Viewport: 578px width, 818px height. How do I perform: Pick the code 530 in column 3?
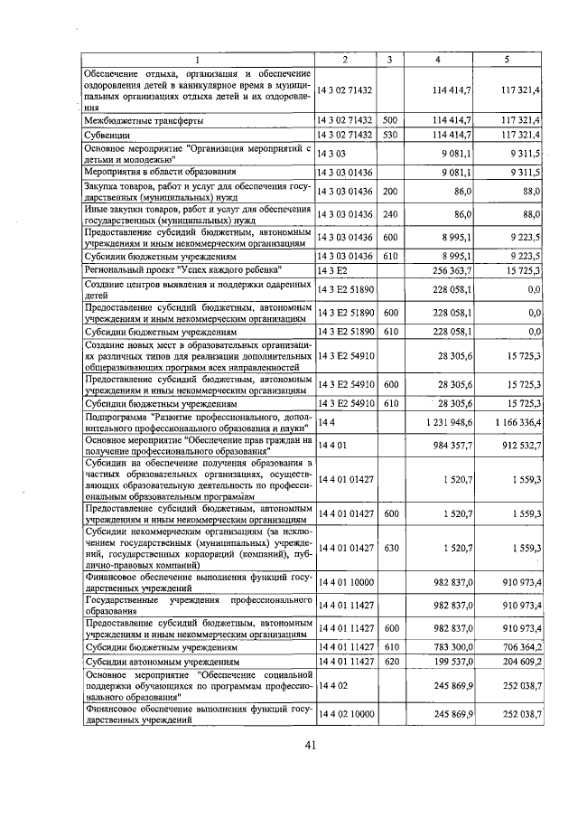(389, 135)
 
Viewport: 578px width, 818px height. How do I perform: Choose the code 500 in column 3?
(389, 119)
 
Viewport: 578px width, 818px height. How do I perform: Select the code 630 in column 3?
(389, 548)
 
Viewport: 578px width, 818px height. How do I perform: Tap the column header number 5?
(506, 59)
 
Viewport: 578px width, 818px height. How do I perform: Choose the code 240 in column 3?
(389, 214)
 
